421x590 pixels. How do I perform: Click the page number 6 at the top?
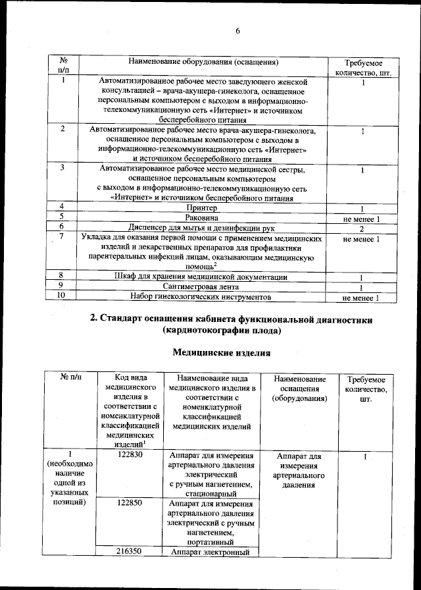pyautogui.click(x=239, y=31)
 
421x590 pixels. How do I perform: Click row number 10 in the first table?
pyautogui.click(x=61, y=297)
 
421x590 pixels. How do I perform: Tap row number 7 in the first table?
pyautogui.click(x=61, y=237)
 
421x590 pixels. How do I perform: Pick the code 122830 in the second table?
pyautogui.click(x=130, y=456)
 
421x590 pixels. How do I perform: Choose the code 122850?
pyautogui.click(x=130, y=501)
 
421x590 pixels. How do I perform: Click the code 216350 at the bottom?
pyautogui.click(x=130, y=552)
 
